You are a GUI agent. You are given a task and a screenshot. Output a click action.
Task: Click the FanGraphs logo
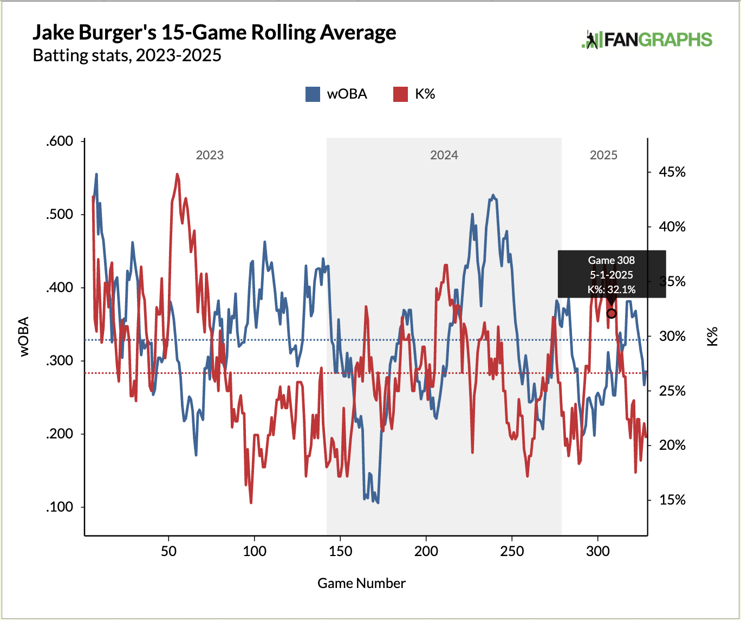pyautogui.click(x=646, y=40)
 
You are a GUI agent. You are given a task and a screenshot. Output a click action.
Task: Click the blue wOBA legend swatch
pyautogui.click(x=313, y=94)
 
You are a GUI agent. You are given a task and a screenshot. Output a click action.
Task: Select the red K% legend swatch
pyautogui.click(x=400, y=94)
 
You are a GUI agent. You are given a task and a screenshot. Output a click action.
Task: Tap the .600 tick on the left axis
pyautogui.click(x=60, y=141)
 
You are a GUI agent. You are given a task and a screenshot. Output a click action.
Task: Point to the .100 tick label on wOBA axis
pyautogui.click(x=60, y=507)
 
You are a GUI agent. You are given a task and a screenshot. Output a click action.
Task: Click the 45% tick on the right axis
pyautogui.click(x=672, y=172)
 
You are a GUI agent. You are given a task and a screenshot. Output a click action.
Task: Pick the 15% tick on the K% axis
pyautogui.click(x=672, y=500)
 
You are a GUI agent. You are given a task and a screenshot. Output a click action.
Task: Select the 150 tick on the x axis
pyautogui.click(x=340, y=551)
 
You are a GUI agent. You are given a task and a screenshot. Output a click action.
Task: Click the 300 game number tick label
pyautogui.click(x=597, y=551)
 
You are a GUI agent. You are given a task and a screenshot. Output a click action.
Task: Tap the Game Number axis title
pyautogui.click(x=361, y=583)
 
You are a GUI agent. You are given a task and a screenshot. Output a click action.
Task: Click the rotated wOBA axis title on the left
pyautogui.click(x=24, y=337)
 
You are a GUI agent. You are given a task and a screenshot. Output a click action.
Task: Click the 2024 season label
pyautogui.click(x=444, y=156)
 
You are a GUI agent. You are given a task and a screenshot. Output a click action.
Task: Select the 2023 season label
pyautogui.click(x=210, y=156)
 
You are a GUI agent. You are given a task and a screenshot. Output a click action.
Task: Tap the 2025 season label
pyautogui.click(x=603, y=156)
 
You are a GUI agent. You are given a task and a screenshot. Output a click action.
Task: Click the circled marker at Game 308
pyautogui.click(x=612, y=313)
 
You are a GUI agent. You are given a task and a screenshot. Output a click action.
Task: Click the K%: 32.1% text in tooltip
pyautogui.click(x=612, y=289)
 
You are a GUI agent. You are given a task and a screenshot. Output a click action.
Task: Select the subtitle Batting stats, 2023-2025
pyautogui.click(x=127, y=56)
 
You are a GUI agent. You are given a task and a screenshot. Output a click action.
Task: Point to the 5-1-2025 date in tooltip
pyautogui.click(x=612, y=275)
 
